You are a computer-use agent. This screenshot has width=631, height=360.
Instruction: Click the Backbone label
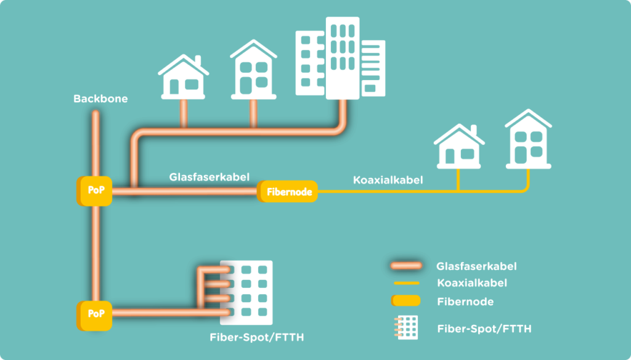click(x=100, y=99)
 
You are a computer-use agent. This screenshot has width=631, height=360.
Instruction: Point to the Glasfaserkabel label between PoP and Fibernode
click(x=209, y=176)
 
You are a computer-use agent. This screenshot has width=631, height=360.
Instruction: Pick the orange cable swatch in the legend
click(x=405, y=266)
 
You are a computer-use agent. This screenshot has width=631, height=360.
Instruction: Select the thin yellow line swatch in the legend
click(x=405, y=284)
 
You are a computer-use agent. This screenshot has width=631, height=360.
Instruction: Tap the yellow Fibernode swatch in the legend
click(x=405, y=301)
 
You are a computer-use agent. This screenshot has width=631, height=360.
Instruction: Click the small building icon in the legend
click(x=406, y=327)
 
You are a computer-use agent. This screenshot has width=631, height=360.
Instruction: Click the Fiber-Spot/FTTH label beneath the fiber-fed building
click(x=256, y=338)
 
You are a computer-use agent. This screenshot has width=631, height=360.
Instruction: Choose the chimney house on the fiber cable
click(x=183, y=77)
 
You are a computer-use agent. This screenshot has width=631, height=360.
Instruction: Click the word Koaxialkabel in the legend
click(x=471, y=284)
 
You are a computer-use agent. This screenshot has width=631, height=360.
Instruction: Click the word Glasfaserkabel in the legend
click(x=476, y=266)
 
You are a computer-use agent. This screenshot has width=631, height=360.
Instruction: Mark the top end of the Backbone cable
click(x=95, y=114)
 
